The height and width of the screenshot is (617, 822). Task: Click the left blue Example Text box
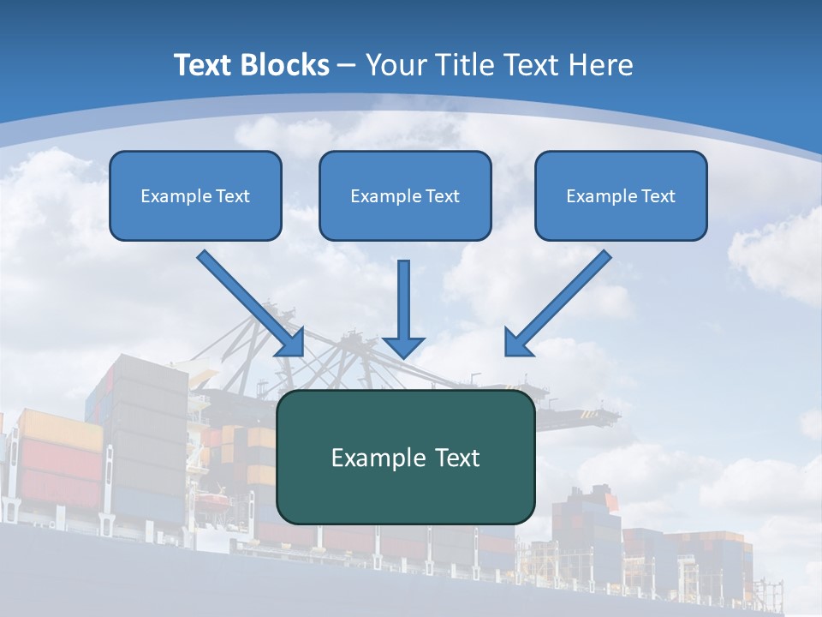pos(195,195)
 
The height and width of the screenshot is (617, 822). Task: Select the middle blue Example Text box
pos(405,195)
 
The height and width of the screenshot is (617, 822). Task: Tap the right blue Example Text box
pos(621,195)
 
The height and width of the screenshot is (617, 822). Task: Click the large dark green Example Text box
pos(405,457)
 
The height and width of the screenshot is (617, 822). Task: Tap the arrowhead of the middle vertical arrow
pos(403,346)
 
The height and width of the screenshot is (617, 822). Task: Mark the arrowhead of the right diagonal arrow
pos(517,343)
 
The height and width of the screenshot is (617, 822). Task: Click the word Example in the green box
pos(372,458)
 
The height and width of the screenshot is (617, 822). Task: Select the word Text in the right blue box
pos(658,196)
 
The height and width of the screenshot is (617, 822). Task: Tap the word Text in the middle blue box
pos(442,196)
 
